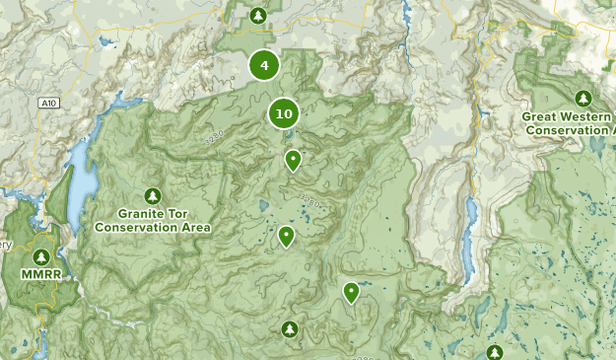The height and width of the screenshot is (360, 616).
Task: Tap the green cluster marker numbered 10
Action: (284, 113)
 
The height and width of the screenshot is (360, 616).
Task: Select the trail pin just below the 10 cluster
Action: (293, 159)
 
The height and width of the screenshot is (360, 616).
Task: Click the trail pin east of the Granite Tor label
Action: (286, 236)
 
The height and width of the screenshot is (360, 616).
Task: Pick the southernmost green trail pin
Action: (351, 291)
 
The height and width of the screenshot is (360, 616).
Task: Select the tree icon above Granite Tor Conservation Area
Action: (152, 195)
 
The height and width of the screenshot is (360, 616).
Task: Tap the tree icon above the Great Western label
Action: (582, 98)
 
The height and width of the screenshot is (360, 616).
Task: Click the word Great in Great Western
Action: (541, 116)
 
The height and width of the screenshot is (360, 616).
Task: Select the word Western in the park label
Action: (587, 116)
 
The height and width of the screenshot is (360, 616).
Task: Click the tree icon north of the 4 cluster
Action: (257, 15)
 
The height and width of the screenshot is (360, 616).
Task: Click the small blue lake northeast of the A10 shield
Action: (103, 42)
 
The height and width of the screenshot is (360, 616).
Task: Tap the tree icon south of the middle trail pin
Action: (289, 327)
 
